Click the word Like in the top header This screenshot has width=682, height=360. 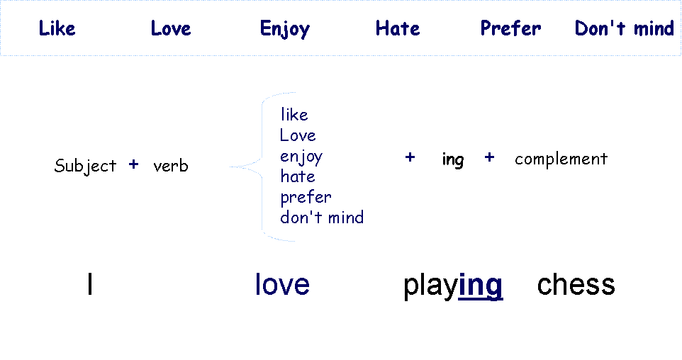(57, 28)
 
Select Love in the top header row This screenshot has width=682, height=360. (171, 28)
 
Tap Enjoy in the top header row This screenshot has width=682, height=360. (284, 28)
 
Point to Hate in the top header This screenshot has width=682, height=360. (397, 28)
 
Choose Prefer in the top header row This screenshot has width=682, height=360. (510, 28)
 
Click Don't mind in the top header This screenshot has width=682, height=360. (624, 28)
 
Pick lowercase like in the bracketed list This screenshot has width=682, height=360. (294, 115)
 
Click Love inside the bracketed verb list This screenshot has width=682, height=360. (298, 135)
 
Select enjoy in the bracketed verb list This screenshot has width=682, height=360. (301, 157)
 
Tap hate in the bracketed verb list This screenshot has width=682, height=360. (298, 176)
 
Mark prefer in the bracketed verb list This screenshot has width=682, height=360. (306, 197)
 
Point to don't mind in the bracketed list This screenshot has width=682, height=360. (322, 218)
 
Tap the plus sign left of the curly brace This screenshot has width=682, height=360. (133, 164)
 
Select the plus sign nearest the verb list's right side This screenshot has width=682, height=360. (410, 157)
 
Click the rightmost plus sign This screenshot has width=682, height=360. (489, 157)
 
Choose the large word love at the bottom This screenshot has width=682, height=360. (282, 284)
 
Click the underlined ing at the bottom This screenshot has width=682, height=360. (481, 283)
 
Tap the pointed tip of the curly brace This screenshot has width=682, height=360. (232, 167)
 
